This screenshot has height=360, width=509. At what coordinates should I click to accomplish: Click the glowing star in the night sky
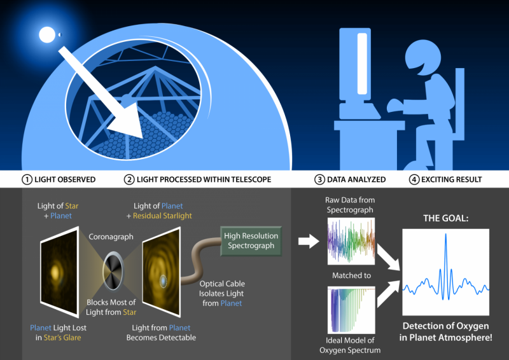46,32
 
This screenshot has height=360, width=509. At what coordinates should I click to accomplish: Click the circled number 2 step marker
129,179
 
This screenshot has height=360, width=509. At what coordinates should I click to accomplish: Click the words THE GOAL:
445,218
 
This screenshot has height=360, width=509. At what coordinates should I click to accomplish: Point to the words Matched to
350,276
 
